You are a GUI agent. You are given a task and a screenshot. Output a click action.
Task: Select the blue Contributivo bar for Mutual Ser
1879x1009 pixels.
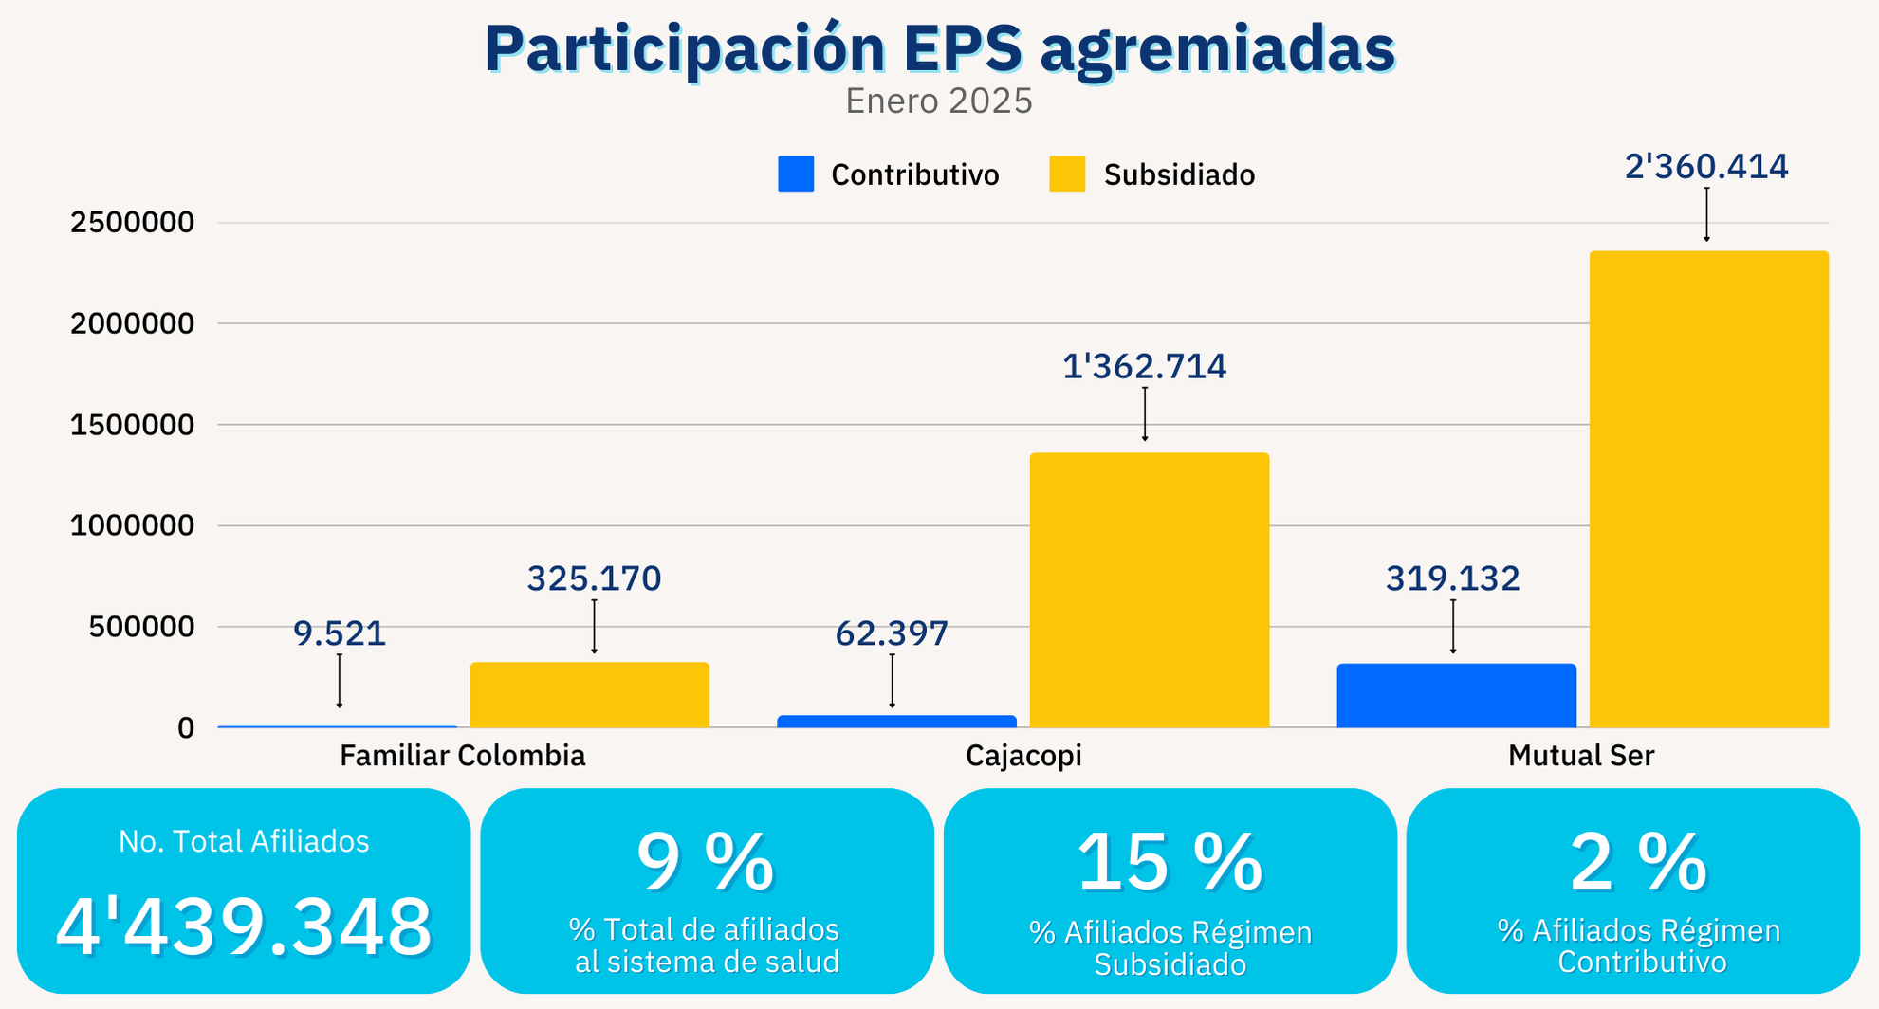[x=1456, y=696]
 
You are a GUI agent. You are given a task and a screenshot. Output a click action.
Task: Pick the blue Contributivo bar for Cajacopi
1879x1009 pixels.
[x=896, y=722]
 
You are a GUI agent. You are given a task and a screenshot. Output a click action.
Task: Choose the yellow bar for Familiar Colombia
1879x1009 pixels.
[x=589, y=695]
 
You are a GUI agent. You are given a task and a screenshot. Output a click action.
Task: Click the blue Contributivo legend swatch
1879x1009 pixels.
[x=795, y=174]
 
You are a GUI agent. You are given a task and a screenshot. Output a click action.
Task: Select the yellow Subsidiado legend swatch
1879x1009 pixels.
[x=1066, y=174]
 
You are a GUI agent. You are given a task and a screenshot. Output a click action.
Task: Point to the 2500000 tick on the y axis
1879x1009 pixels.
[x=132, y=223]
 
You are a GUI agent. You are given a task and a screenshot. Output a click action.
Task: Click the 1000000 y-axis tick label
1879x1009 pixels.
[x=132, y=525]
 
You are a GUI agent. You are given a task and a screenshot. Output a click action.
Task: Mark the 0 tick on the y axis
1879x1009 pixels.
[x=186, y=728]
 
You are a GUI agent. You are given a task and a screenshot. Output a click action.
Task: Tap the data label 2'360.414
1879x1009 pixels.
[x=1705, y=167]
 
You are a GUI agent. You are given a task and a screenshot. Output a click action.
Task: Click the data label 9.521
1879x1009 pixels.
[x=340, y=633]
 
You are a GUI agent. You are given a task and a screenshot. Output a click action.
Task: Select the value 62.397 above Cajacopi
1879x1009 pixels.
[x=892, y=633]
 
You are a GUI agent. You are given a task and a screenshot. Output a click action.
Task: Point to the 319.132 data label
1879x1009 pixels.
[x=1452, y=578]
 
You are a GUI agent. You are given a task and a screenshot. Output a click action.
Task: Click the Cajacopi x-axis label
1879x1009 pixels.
[x=1023, y=756]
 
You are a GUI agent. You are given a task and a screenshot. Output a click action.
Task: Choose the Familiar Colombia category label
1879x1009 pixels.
[x=462, y=756]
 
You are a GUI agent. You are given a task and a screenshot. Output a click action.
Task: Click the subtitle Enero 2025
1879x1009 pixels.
[x=938, y=101]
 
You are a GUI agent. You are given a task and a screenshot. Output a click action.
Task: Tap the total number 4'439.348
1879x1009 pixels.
[x=244, y=926]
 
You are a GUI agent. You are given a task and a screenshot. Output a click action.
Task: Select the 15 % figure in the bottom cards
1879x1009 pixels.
[x=1170, y=862]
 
